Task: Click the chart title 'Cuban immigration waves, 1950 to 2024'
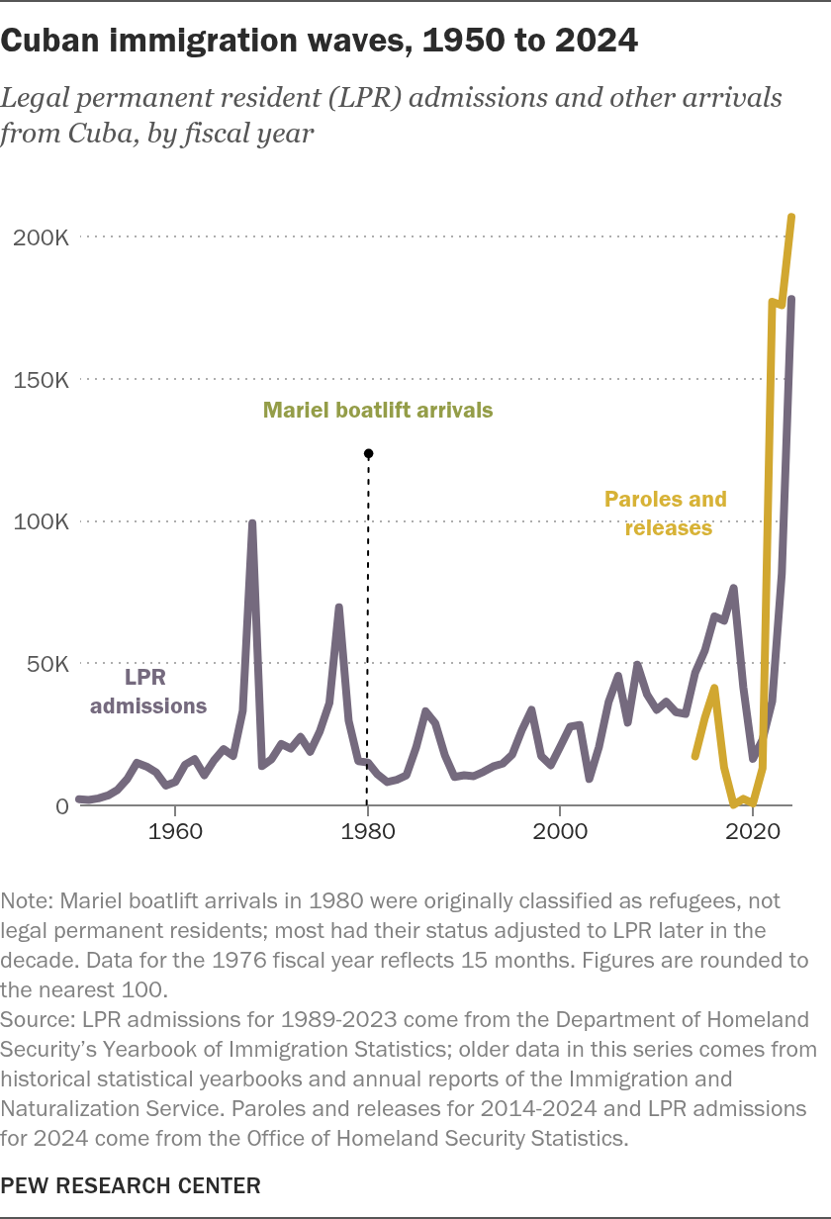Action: point(319,41)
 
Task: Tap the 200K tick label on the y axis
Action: point(41,237)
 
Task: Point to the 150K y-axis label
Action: point(41,380)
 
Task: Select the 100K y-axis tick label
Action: point(41,521)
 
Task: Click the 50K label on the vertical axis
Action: point(47,664)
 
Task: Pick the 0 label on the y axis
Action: point(62,806)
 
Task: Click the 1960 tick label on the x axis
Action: point(175,831)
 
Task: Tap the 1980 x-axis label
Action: point(367,831)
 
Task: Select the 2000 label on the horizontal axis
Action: point(560,831)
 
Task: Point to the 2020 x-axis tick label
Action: point(753,831)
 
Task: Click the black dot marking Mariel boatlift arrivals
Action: point(368,453)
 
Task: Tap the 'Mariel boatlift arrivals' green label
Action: point(378,411)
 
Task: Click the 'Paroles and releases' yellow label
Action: point(666,514)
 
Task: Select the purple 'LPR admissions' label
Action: point(148,692)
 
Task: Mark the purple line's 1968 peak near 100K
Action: point(252,523)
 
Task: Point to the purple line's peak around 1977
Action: point(339,608)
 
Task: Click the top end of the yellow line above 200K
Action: point(791,217)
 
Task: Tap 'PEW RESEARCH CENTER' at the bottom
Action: point(131,1185)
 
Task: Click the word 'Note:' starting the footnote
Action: point(27,901)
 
